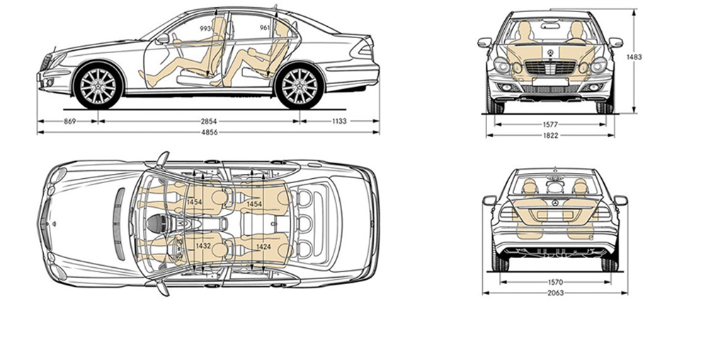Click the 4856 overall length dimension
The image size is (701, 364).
click(x=209, y=132)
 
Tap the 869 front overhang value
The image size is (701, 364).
click(x=69, y=121)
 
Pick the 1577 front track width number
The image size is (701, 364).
click(x=549, y=124)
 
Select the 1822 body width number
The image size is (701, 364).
click(x=549, y=135)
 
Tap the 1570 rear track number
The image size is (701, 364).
click(x=555, y=281)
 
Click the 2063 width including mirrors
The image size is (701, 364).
click(x=555, y=293)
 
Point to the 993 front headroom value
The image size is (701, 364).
click(x=206, y=28)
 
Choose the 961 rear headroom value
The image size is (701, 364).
click(x=266, y=28)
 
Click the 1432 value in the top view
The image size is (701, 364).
click(x=203, y=245)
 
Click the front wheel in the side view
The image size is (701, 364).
click(x=98, y=86)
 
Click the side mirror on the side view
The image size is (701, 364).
click(x=163, y=39)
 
